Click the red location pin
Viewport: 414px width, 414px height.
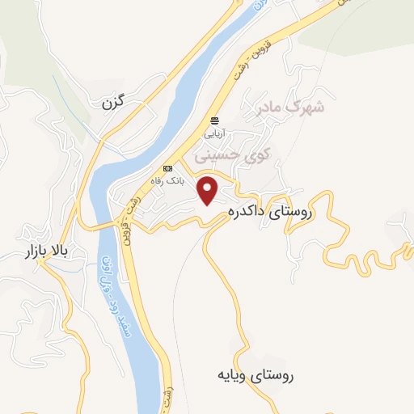click(x=209, y=190)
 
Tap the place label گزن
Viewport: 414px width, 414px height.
click(x=116, y=104)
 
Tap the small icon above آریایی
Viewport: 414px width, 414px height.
click(x=215, y=118)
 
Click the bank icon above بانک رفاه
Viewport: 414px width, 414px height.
click(x=167, y=168)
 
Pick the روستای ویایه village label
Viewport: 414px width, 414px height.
click(x=255, y=375)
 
